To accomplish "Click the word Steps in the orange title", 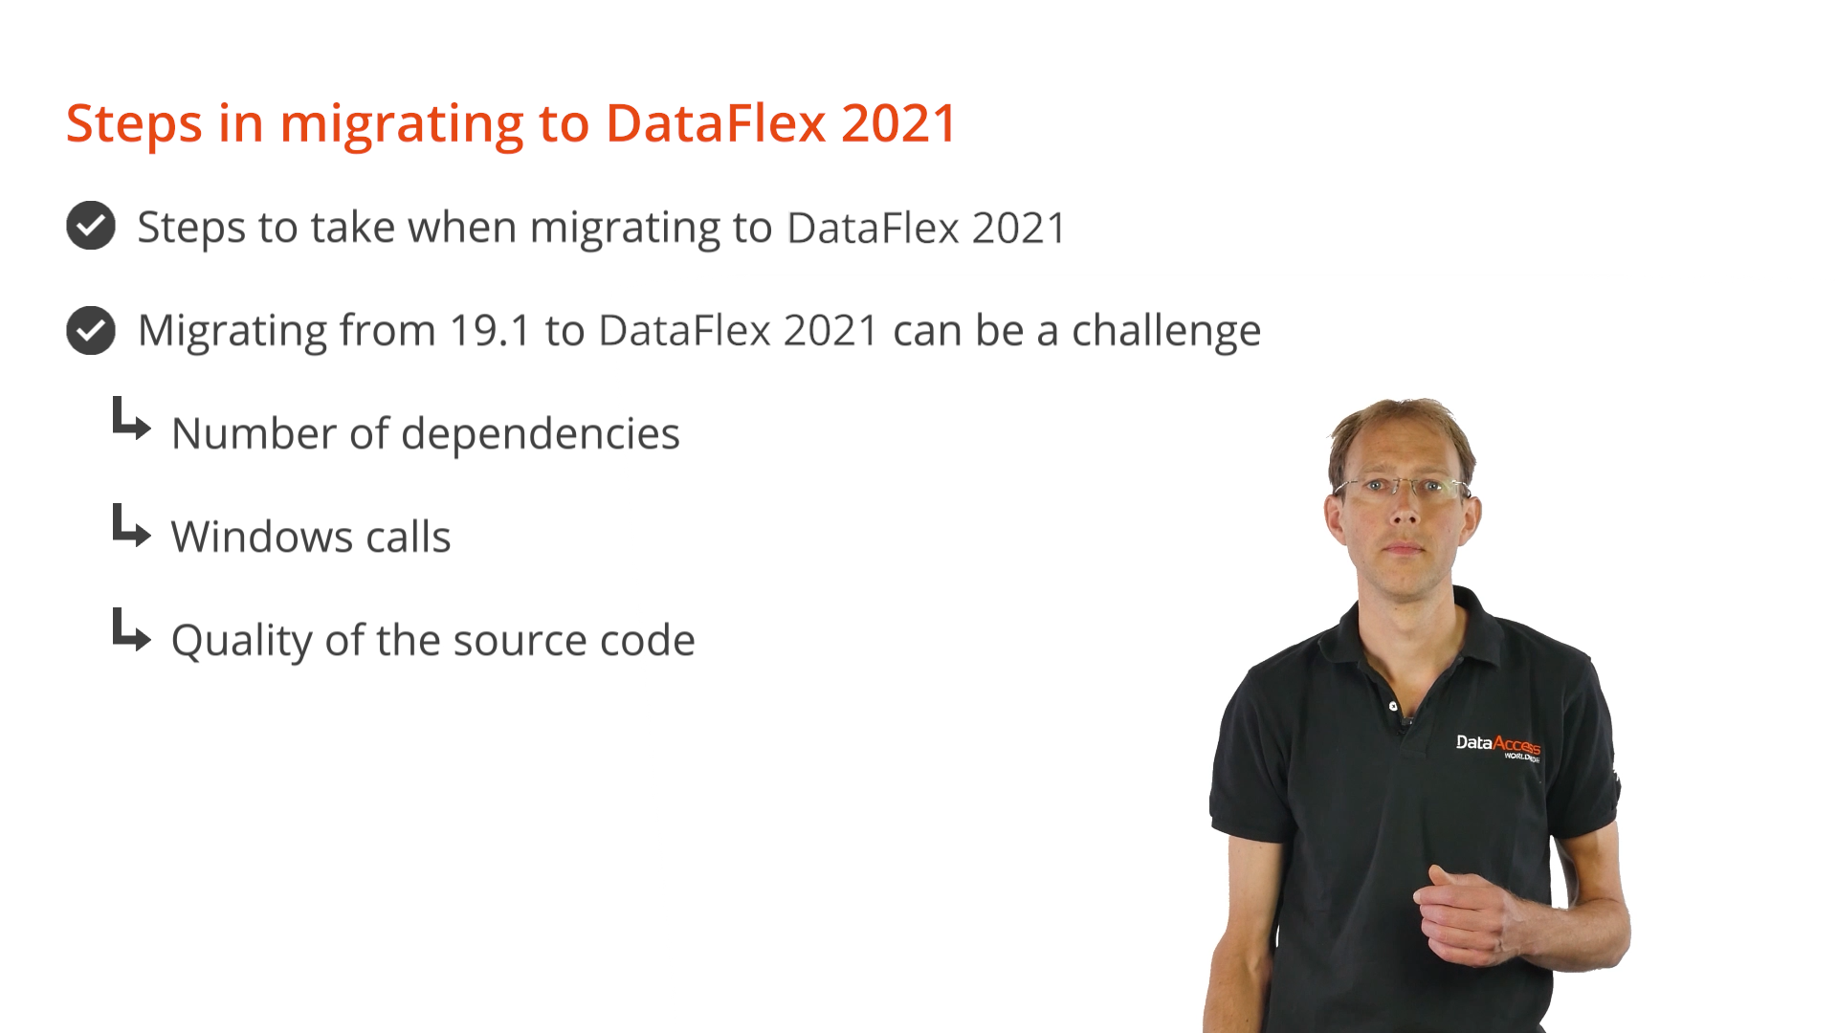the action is coord(134,125).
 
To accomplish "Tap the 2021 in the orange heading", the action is coord(899,123).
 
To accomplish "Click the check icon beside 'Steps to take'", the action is coord(91,226).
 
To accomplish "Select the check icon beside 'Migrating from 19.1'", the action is coord(91,330).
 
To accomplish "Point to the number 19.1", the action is coord(490,331).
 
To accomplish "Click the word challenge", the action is coord(1166,332).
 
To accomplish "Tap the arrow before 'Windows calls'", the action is coord(131,525).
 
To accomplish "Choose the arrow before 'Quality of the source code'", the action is coord(131,629).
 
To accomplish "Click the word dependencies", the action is coord(541,435).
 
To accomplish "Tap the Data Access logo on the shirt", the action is coord(1498,746).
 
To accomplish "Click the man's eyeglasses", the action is coord(1404,488).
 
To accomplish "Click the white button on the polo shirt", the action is coord(1393,706).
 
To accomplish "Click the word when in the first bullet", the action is coord(462,228).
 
